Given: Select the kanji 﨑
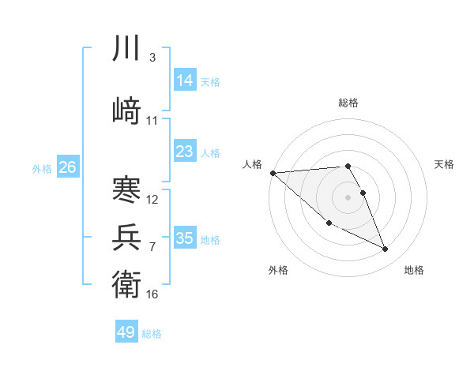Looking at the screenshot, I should coord(126,109).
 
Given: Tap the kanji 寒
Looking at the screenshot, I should coord(126,189).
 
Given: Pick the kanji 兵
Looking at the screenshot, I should coord(126,236).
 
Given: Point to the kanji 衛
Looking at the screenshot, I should coord(126,283).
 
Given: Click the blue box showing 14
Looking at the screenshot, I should coord(185,81).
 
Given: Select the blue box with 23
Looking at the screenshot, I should coord(185,151).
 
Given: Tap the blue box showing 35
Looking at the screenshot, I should coord(185,238).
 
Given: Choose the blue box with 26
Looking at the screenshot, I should coord(68,167).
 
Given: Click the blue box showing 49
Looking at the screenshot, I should coord(126,332).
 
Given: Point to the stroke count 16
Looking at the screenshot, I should coord(152,294).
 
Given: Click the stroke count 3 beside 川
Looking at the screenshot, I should coord(152,58).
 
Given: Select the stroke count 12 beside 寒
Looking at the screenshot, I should coord(152,200).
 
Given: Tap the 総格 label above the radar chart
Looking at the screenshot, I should coord(348,103).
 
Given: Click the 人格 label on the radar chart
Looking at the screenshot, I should coord(252,164).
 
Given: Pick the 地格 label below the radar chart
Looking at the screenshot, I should coord(414,270).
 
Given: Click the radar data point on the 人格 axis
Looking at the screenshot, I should coord(273,173).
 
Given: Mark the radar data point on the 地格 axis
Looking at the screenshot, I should coord(386,249).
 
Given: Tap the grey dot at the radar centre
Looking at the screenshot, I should coord(348,197).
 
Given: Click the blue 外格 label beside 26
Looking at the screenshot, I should coord(42,168).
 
